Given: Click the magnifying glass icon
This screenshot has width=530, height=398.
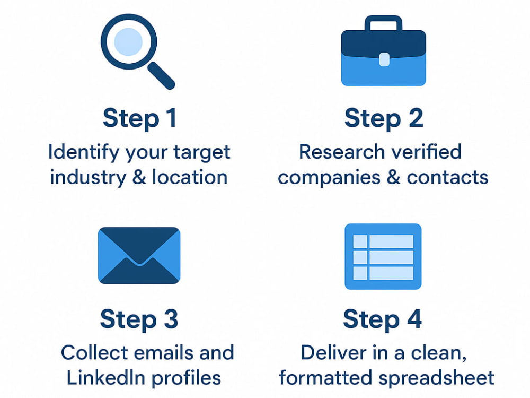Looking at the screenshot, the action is point(129,42).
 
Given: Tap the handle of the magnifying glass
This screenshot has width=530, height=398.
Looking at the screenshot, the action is point(162,76).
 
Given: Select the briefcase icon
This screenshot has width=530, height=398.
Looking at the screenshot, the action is point(383,50).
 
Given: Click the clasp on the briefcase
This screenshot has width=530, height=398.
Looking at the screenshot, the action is point(384,59).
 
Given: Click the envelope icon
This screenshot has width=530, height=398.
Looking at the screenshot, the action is point(139,256).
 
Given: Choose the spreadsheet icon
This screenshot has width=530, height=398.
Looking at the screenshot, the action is point(383,256).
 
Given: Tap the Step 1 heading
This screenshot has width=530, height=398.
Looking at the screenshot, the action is point(139,118).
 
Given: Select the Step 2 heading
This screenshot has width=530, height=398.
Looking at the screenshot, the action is point(384,118).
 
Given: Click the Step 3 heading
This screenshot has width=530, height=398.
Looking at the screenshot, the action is point(139,319).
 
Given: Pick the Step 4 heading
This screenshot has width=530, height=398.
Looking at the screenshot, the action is point(382,319).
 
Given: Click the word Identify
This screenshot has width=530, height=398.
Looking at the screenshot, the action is point(84,152).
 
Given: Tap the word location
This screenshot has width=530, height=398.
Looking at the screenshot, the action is point(190,177).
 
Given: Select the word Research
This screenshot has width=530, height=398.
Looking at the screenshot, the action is point(342,152).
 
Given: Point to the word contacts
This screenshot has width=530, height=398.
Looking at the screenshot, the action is point(447,178).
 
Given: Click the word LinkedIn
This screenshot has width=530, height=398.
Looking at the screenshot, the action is point(106,378).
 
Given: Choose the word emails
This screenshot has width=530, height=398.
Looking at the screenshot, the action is point(164,353).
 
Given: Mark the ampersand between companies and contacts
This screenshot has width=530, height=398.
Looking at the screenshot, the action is point(393,177).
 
